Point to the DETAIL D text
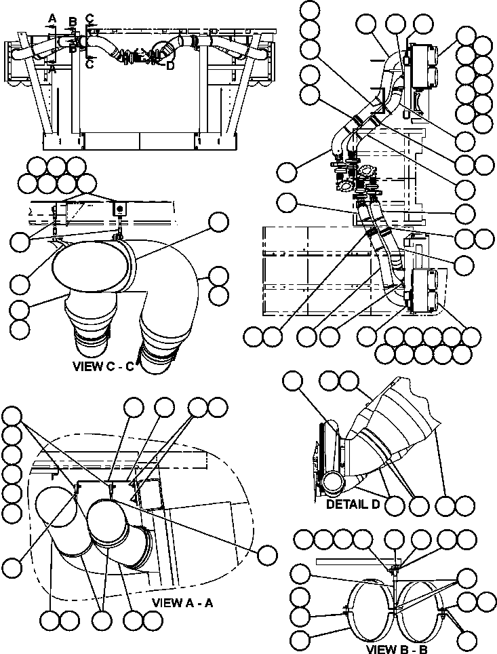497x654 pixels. (355, 504)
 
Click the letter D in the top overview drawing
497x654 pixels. (170, 65)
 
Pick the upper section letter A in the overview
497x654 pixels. (52, 16)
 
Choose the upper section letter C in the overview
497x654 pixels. (90, 16)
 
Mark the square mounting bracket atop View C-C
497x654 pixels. (120, 207)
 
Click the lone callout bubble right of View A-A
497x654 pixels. (268, 554)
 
